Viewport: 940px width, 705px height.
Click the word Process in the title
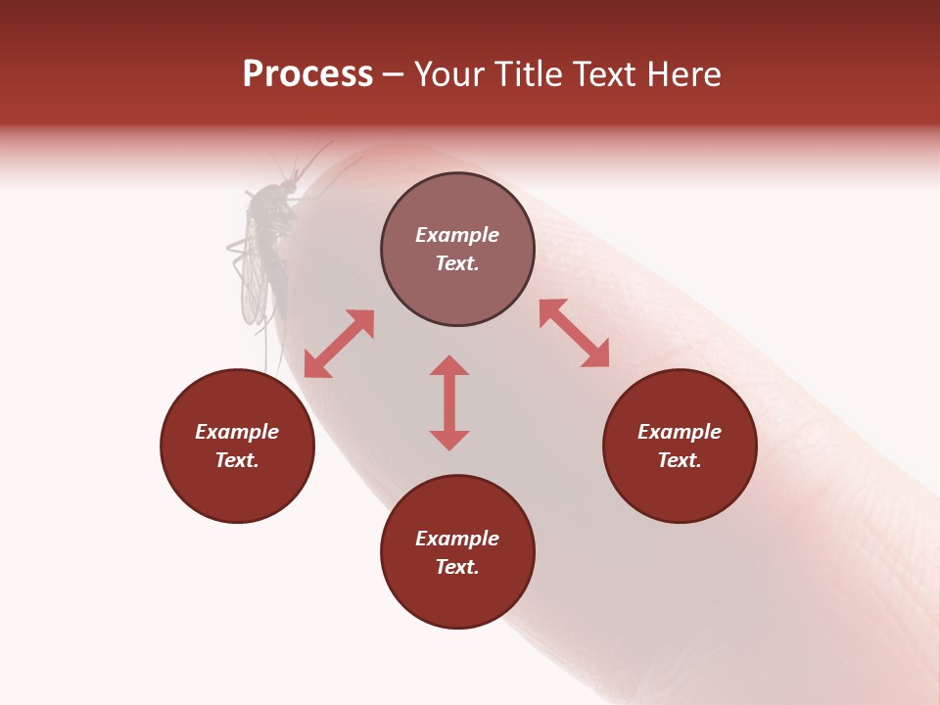307,74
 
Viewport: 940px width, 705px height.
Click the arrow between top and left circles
339,344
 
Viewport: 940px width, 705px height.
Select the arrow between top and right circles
574,333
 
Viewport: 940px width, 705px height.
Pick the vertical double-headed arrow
449,402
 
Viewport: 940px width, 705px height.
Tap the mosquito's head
288,186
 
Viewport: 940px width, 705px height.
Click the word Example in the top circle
457,235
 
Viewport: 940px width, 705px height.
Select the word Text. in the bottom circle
457,567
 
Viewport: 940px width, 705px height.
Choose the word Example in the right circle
680,432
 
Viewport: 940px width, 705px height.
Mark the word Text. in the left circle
237,460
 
